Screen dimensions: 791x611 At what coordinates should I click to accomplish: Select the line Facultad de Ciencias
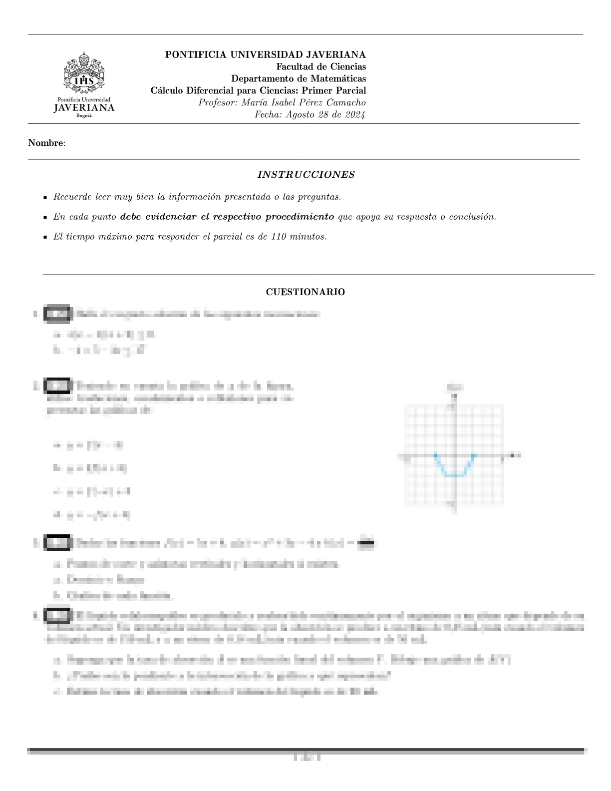click(321, 67)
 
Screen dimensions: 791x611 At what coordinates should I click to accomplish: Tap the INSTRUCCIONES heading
click(305, 175)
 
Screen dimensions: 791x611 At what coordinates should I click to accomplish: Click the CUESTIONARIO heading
click(305, 292)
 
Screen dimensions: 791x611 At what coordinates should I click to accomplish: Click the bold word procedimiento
click(300, 217)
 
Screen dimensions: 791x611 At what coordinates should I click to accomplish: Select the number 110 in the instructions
click(279, 237)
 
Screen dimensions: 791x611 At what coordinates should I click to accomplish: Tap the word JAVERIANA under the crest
click(84, 108)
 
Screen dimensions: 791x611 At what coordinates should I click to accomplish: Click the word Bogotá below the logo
click(84, 115)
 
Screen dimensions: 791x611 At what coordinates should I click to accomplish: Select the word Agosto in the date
click(296, 115)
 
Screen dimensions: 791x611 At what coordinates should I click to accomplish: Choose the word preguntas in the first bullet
click(321, 197)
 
